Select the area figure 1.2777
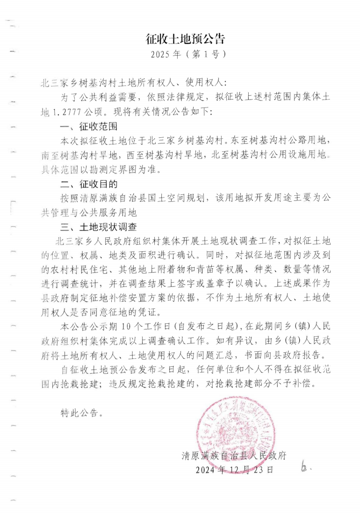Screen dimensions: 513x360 [72, 113]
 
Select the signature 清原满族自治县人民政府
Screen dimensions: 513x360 [234, 455]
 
